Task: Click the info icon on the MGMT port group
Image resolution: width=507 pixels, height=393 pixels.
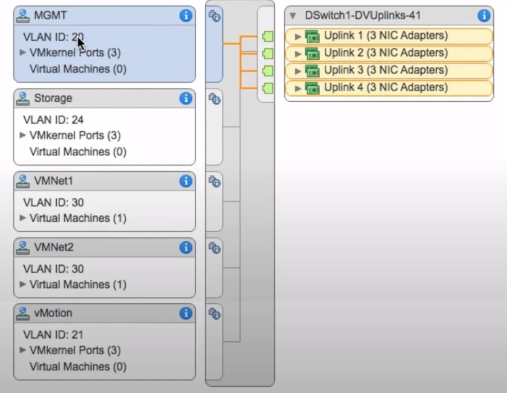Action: [185, 16]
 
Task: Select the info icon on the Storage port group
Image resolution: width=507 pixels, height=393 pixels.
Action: [185, 99]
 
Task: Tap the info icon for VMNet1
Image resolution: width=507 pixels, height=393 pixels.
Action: [185, 181]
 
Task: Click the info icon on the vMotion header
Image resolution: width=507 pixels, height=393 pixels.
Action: [185, 313]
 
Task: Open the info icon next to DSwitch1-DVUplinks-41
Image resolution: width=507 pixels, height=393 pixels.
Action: [484, 16]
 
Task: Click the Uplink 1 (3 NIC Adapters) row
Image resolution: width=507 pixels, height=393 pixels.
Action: [386, 36]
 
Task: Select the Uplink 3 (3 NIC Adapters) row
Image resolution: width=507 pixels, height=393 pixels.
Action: [386, 71]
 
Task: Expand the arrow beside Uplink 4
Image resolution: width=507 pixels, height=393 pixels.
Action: [298, 88]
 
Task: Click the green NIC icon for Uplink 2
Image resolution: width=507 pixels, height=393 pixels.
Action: [312, 53]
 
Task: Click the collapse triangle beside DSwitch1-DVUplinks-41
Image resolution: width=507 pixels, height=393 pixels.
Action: [293, 16]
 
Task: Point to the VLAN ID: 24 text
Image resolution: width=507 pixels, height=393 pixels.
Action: [53, 120]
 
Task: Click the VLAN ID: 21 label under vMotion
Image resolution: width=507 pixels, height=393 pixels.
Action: [53, 335]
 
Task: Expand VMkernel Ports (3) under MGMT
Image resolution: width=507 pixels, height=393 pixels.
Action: [23, 52]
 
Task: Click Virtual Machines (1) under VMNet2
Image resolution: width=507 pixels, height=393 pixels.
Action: [78, 285]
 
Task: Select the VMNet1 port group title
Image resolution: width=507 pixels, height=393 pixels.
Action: [53, 181]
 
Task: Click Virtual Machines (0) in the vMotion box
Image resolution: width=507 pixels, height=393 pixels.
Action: [78, 367]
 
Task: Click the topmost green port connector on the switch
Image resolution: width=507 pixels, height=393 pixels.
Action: [268, 36]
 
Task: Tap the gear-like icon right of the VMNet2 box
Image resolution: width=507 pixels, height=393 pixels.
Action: [214, 248]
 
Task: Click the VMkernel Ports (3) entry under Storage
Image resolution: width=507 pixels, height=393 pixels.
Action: [75, 136]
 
